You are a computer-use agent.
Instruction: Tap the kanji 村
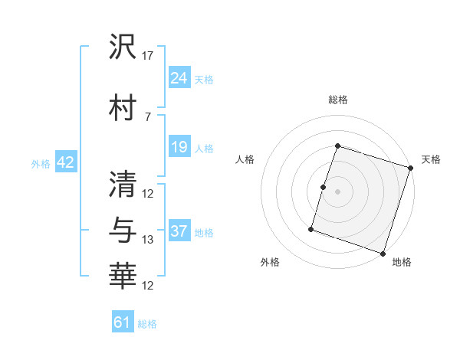pos(123,108)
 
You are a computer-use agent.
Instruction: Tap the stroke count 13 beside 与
pos(149,240)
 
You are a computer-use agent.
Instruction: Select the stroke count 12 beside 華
pos(149,286)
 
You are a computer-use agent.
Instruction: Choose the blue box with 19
pos(179,146)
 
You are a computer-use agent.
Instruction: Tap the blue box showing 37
pos(179,231)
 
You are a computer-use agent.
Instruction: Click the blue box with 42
pos(65,162)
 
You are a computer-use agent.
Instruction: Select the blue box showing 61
pos(123,322)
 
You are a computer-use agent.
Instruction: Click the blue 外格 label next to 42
pos(41,163)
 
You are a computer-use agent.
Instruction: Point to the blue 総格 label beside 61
pos(147,324)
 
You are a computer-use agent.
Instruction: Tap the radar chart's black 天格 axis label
pos(431,159)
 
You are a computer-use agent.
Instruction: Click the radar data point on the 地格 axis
pos(383,253)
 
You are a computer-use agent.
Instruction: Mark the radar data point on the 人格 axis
pos(324,187)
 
